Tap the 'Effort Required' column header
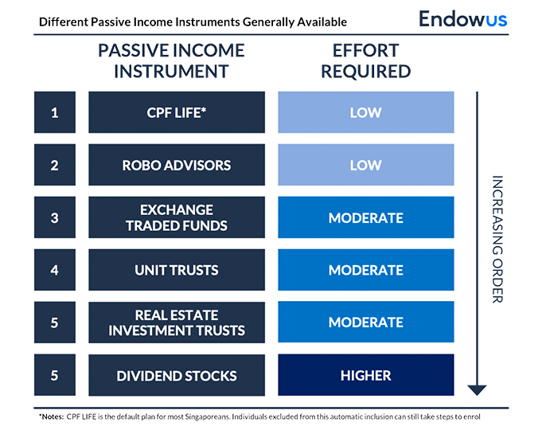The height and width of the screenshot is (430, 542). (x=366, y=63)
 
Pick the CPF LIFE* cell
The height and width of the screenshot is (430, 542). (x=177, y=112)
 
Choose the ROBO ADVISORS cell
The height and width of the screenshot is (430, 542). (x=177, y=165)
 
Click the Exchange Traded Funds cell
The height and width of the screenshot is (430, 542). (x=177, y=217)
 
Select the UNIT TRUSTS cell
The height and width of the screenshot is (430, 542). (x=177, y=270)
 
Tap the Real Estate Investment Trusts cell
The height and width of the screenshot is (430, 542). (x=177, y=322)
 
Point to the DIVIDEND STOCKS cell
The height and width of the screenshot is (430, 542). (x=177, y=375)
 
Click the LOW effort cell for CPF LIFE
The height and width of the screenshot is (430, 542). (x=366, y=112)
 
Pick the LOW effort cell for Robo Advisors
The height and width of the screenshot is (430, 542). (x=366, y=165)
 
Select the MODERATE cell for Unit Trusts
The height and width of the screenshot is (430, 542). (x=366, y=270)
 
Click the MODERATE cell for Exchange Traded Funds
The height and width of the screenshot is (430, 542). (x=366, y=217)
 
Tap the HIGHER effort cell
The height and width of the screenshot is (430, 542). (x=366, y=375)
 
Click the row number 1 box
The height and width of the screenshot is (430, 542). (x=54, y=112)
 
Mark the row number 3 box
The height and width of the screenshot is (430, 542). (x=54, y=217)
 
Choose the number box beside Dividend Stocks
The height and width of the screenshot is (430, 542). (x=54, y=375)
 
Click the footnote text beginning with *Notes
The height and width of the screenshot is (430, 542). (x=263, y=416)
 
